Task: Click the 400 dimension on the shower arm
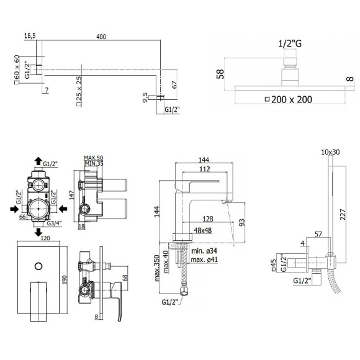tap(101, 37)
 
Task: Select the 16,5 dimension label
tap(30, 36)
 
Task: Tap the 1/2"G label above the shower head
tap(290, 43)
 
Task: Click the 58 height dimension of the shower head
tap(220, 74)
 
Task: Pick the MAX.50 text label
tap(94, 158)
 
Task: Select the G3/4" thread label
tap(54, 223)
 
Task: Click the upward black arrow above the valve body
tap(38, 161)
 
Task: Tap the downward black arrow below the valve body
tap(38, 232)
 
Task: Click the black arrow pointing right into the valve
tap(14, 209)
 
